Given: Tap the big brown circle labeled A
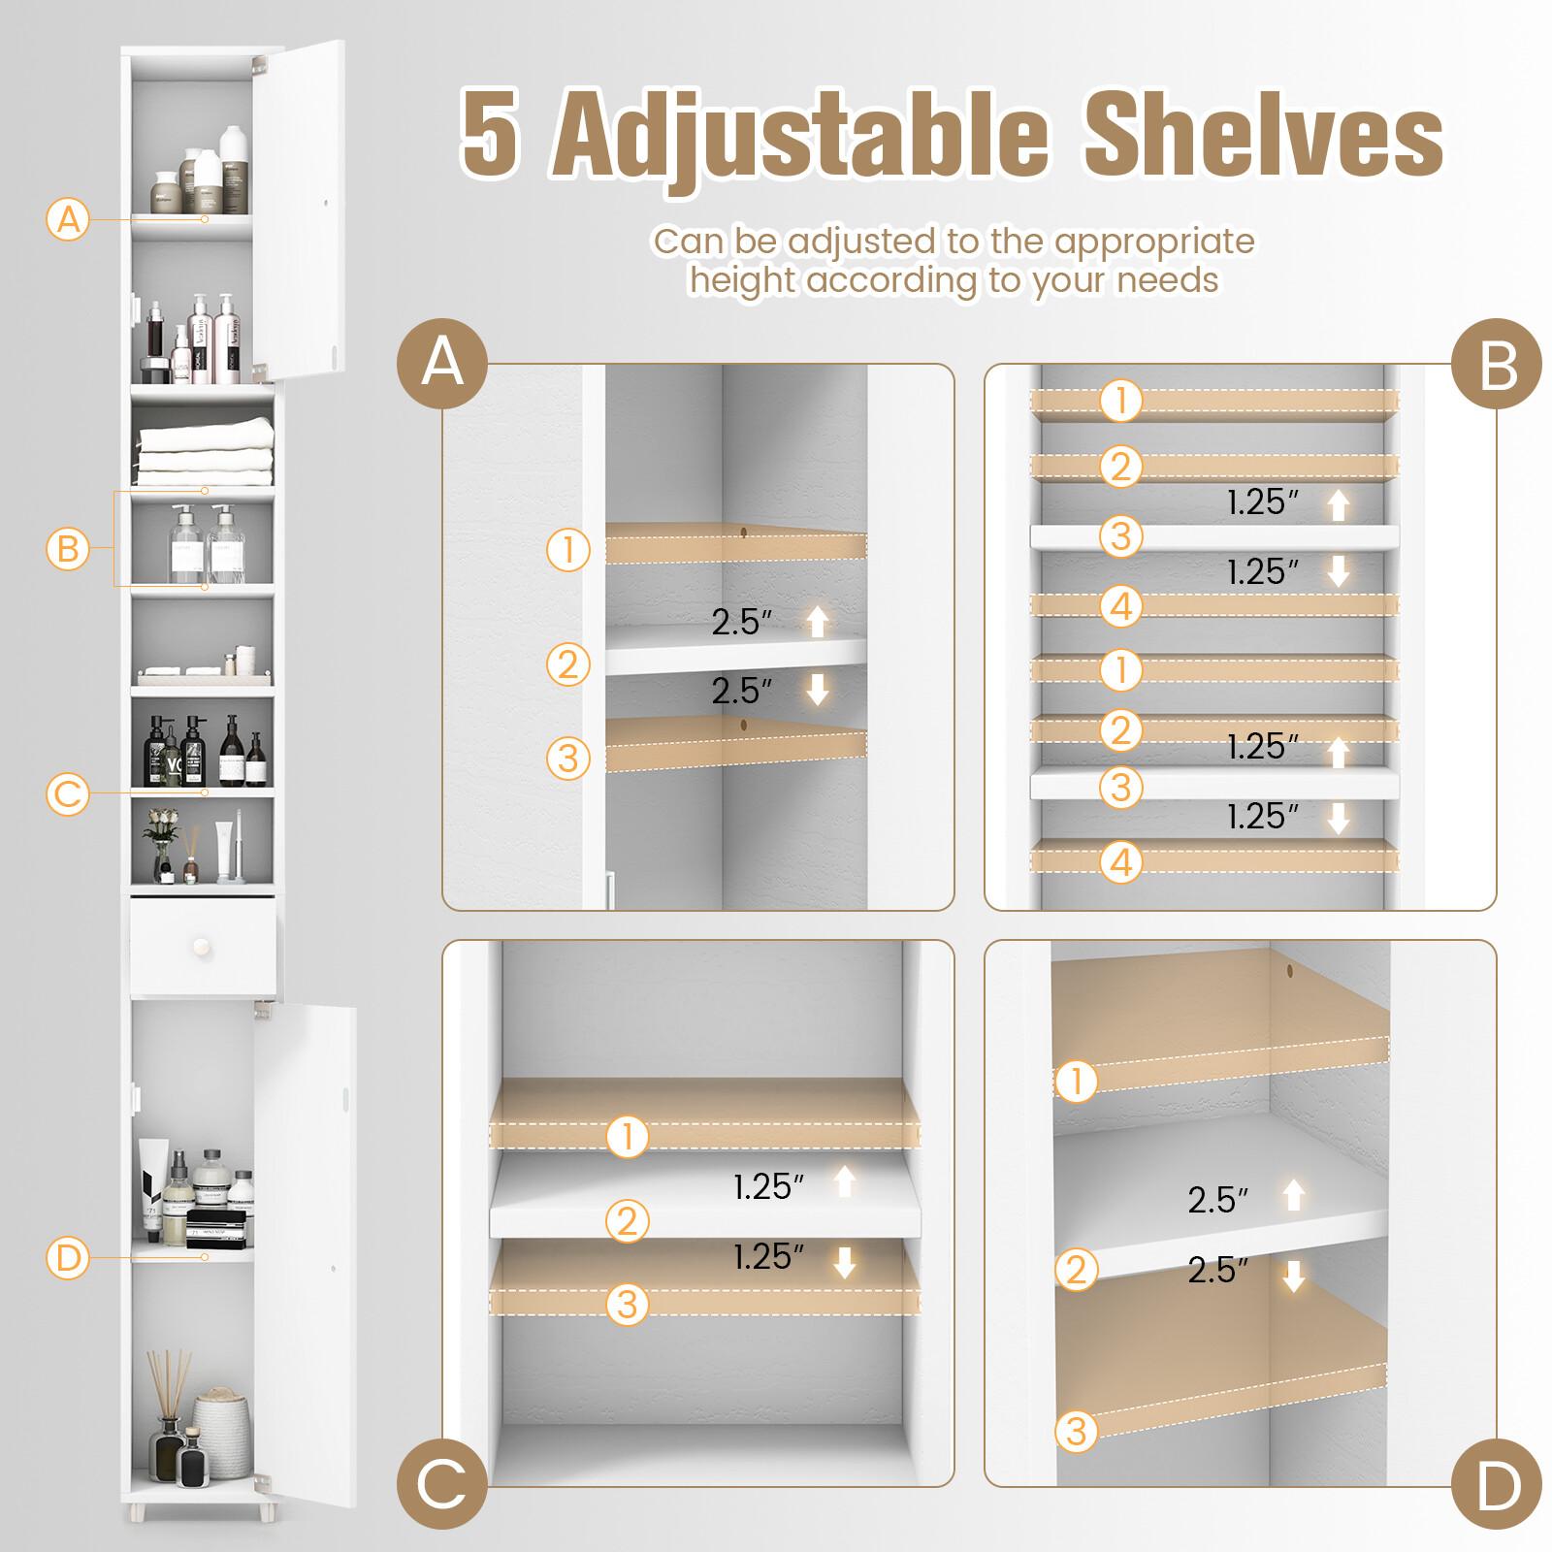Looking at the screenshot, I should click(x=442, y=363).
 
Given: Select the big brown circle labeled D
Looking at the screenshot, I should click(x=1496, y=1484).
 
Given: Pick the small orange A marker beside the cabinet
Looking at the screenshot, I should click(x=68, y=219).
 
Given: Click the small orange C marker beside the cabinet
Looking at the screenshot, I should click(x=68, y=794).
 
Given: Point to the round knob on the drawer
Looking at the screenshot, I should click(x=202, y=946).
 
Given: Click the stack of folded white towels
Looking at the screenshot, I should click(x=205, y=451).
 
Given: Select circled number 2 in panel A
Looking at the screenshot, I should click(x=568, y=664).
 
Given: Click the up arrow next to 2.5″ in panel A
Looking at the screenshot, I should click(x=818, y=621).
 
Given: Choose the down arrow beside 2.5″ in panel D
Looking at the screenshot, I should click(x=1293, y=1276).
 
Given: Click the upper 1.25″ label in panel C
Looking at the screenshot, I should click(x=768, y=1186).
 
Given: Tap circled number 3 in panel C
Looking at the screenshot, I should click(x=628, y=1305).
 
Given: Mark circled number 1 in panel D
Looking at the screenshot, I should click(x=1076, y=1081).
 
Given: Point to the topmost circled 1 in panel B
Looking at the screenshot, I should click(x=1121, y=400).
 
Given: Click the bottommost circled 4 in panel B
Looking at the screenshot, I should click(x=1121, y=861).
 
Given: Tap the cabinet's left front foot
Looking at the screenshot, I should click(x=138, y=1511).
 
